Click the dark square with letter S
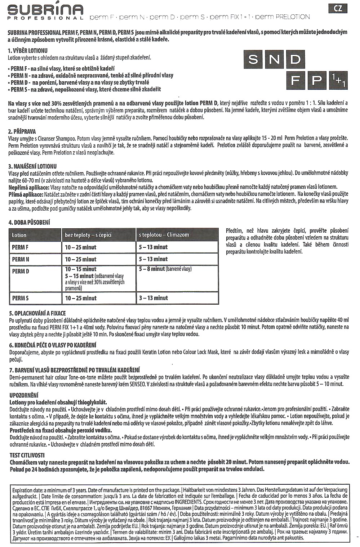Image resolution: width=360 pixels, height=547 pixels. (x=253, y=59)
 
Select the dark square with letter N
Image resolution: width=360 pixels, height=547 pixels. (x=274, y=59)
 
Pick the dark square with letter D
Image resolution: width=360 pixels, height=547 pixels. (x=295, y=59)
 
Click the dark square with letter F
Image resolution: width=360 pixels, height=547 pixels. (x=295, y=80)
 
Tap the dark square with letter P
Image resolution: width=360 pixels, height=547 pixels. (x=317, y=80)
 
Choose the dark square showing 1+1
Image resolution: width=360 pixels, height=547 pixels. (x=338, y=80)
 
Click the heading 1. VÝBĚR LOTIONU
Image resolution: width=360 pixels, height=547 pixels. (x=28, y=51)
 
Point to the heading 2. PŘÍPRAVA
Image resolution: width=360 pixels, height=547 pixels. (x=22, y=131)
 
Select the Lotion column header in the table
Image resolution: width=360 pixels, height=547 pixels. (x=19, y=235)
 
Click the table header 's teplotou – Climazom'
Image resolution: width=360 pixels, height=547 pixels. (x=164, y=235)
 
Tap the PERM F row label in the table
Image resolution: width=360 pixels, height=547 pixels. (x=20, y=247)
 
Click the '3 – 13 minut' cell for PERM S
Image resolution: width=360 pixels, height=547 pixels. (x=154, y=298)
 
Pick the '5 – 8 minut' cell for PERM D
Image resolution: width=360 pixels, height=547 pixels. (x=165, y=269)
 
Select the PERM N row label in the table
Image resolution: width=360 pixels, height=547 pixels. (x=21, y=259)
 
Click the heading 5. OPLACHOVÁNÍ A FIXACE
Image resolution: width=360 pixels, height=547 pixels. (x=37, y=313)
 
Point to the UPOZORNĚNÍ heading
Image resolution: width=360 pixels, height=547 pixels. (x=24, y=395)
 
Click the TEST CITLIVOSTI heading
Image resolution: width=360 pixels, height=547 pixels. (x=27, y=455)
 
